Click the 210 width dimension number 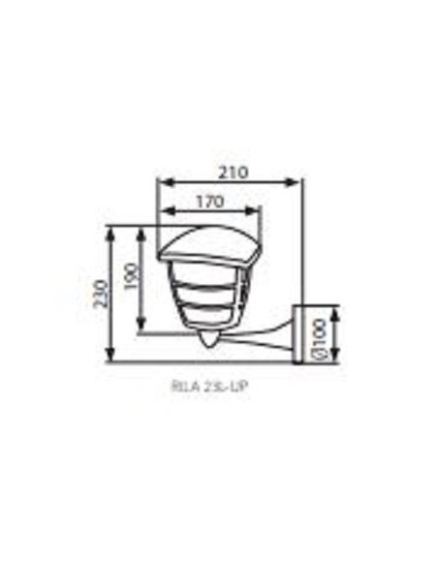pos(230,173)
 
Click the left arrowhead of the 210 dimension pos(163,182)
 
